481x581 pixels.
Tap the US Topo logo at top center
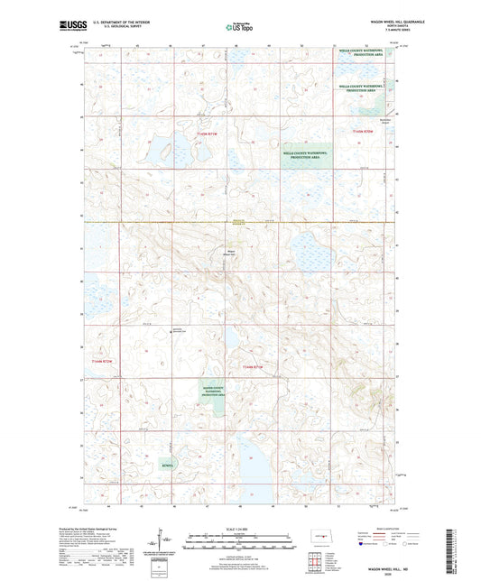coord(239,28)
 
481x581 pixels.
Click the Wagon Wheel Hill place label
coord(229,253)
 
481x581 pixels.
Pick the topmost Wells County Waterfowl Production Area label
coord(363,52)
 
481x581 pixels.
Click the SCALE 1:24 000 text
coord(240,529)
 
